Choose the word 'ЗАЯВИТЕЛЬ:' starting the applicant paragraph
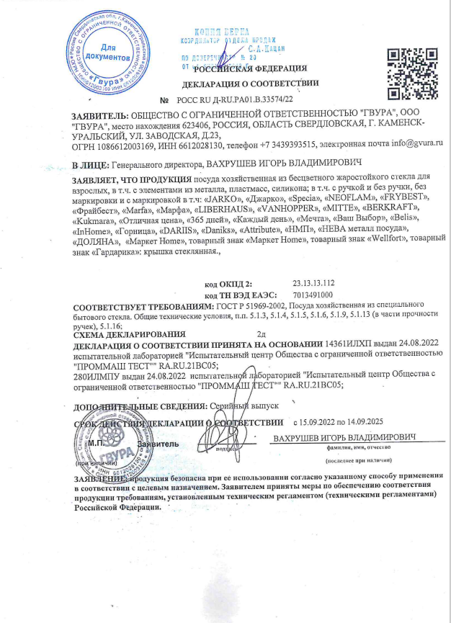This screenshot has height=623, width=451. (98, 115)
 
